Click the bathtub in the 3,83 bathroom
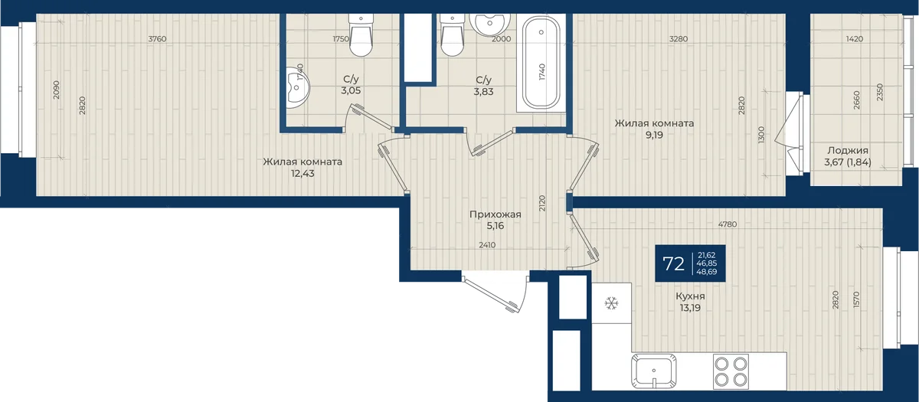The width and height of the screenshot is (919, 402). pyautogui.click(x=541, y=62)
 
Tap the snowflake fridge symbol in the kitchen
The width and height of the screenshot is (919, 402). pyautogui.click(x=611, y=303)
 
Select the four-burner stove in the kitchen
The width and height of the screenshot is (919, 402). pyautogui.click(x=731, y=371)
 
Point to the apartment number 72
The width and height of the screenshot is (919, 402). pyautogui.click(x=674, y=263)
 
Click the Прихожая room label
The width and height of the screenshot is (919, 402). pyautogui.click(x=495, y=214)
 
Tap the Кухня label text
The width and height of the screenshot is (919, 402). pyautogui.click(x=690, y=296)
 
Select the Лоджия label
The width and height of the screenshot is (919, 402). pyautogui.click(x=848, y=151)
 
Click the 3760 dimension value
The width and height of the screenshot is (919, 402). pyautogui.click(x=157, y=39)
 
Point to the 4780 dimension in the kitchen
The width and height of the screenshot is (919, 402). pyautogui.click(x=728, y=224)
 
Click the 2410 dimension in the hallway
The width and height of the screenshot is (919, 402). pyautogui.click(x=487, y=245)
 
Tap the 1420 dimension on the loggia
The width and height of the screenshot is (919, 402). pyautogui.click(x=855, y=39)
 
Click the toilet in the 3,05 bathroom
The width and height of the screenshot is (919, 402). pyautogui.click(x=361, y=35)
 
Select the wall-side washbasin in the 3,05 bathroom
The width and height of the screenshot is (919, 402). pyautogui.click(x=298, y=88)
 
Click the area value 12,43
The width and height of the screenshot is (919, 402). pyautogui.click(x=303, y=174)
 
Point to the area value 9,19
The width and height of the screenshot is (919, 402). pyautogui.click(x=654, y=135)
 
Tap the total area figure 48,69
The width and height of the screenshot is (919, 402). pyautogui.click(x=706, y=272)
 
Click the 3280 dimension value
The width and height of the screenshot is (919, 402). pyautogui.click(x=679, y=39)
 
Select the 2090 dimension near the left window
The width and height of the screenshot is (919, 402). pyautogui.click(x=57, y=90)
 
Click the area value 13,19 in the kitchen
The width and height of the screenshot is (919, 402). pyautogui.click(x=690, y=308)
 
